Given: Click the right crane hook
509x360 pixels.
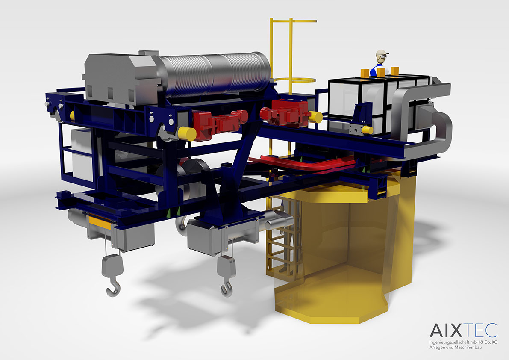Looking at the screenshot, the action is [x=227, y=289].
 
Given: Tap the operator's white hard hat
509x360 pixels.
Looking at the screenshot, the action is [x=382, y=53].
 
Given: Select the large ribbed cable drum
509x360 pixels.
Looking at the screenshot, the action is [x=214, y=75].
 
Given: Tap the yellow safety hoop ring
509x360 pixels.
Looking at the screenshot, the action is [x=294, y=80].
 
